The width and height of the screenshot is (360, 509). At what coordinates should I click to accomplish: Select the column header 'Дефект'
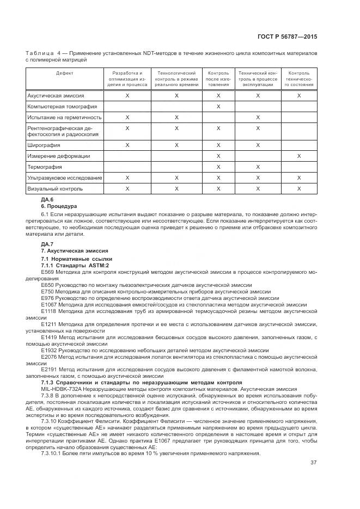64,73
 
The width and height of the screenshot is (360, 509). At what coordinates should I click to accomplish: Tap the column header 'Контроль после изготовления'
218,78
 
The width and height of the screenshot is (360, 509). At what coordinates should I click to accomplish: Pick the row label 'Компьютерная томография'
62,107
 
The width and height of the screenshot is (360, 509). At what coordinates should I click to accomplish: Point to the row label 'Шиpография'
44,145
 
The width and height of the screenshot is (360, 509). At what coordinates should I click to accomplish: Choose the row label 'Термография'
45,167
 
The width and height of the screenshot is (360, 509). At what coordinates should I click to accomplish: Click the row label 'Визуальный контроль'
55,188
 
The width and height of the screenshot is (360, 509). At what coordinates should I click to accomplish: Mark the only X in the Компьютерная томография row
218,107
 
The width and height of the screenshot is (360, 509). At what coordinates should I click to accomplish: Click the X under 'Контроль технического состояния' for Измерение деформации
299,156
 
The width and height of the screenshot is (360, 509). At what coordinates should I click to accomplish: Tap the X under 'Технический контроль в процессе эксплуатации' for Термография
258,167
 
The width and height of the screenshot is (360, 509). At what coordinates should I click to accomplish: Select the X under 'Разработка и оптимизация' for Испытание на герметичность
127,117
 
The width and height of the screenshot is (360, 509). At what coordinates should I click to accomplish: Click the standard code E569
47,271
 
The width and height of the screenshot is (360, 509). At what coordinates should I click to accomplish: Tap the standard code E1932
48,350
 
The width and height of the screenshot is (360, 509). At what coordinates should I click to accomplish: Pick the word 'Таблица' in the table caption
39,53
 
